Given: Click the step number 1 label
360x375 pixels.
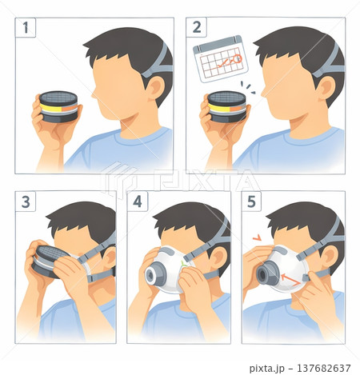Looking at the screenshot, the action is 26,27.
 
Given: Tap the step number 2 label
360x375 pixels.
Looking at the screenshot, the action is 197,27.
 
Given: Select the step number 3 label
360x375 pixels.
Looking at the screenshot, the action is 26,201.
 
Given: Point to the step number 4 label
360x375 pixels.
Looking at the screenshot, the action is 138,201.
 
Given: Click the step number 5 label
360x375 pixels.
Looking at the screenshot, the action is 251,201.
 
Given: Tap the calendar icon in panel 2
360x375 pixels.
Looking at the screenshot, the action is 221,59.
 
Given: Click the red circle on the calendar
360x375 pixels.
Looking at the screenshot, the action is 237,58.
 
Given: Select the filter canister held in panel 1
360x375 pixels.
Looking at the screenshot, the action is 58,106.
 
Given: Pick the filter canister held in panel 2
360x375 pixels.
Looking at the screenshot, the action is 227,106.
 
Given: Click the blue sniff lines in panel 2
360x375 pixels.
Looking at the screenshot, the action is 248,87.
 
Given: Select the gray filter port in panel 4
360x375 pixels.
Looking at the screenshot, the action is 155,273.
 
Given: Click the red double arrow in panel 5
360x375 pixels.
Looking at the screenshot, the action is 290,279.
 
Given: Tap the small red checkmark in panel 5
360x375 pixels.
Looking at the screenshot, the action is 257,237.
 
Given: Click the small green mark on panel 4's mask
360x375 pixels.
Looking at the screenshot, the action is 183,264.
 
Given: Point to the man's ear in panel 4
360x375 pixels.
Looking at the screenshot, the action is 218,257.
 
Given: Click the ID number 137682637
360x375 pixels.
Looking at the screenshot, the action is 323,368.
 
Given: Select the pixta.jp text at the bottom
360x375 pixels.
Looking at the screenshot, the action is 266,369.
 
